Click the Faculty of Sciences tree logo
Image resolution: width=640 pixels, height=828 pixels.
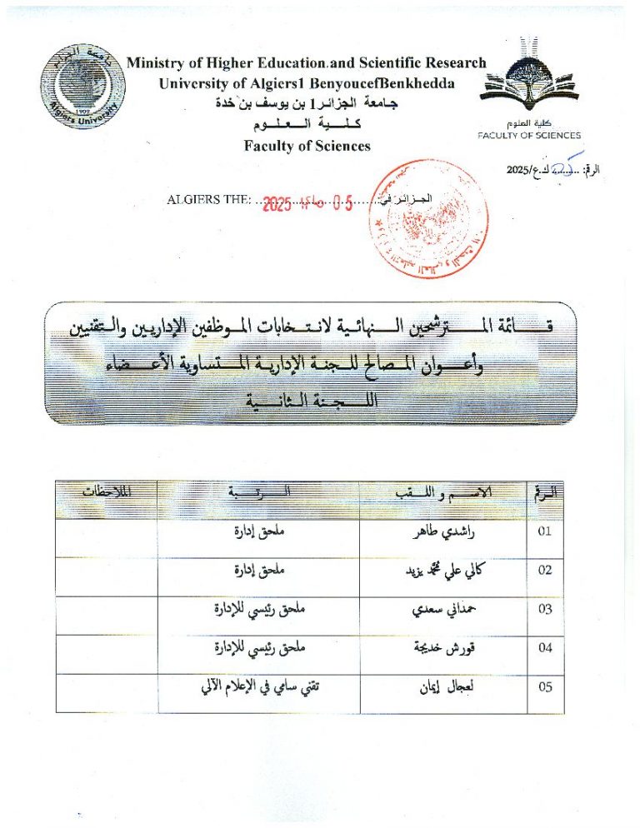tap(529, 79)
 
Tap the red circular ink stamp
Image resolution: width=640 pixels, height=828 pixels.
tap(431, 218)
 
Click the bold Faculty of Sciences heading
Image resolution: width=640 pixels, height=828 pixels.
tap(307, 146)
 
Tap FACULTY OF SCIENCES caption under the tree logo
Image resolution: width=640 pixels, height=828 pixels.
tap(529, 135)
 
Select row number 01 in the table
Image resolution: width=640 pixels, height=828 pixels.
tap(546, 531)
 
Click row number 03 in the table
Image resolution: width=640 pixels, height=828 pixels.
tap(546, 610)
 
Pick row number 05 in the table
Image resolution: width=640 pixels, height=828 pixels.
tap(546, 687)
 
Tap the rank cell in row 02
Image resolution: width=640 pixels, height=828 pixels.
tap(259, 571)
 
